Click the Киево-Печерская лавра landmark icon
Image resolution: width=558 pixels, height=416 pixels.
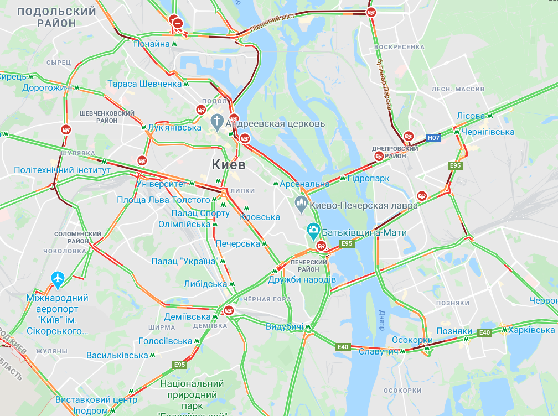[302, 204]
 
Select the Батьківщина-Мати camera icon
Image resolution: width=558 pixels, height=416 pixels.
[313, 229]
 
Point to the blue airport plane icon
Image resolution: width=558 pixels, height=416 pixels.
[58, 279]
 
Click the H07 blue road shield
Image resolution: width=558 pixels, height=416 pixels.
[433, 137]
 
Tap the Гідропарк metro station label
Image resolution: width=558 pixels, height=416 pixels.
[369, 179]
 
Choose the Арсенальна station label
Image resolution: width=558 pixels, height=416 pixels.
[304, 184]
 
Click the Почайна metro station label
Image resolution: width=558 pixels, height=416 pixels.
[151, 44]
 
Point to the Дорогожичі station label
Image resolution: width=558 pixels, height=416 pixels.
[48, 87]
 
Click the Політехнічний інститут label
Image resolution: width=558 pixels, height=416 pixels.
[62, 170]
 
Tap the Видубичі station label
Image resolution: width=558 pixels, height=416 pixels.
[285, 326]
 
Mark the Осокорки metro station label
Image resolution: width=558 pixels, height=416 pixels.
[412, 340]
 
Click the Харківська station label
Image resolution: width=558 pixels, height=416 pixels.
[531, 330]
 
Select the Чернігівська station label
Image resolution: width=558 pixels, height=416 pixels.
[488, 132]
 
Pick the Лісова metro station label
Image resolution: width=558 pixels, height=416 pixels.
[471, 116]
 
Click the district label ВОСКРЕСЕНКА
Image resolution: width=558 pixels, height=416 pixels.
[399, 47]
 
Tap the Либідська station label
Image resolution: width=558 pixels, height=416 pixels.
[206, 284]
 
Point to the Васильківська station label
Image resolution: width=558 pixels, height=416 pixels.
[117, 355]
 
